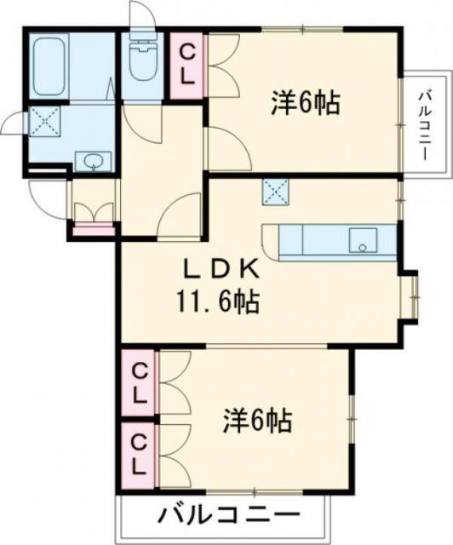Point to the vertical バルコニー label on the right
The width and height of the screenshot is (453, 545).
423,128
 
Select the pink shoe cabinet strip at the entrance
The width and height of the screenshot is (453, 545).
93,227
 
